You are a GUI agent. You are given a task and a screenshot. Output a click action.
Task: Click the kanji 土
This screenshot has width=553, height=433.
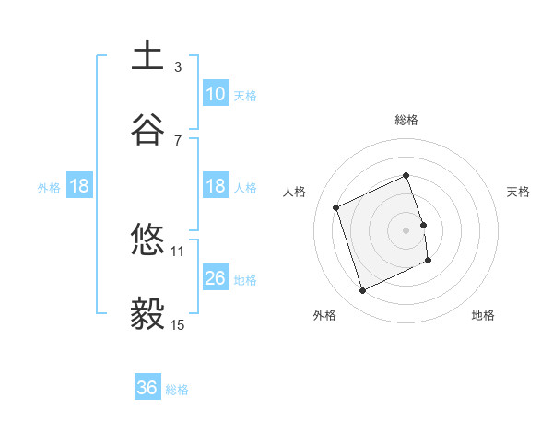click(x=147, y=56)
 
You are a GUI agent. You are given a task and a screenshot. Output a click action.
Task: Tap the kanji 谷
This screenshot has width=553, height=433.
click(x=147, y=130)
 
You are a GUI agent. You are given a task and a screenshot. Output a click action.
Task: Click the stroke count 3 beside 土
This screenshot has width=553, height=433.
click(x=177, y=66)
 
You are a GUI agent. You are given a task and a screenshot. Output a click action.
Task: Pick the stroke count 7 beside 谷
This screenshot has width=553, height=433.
click(x=177, y=140)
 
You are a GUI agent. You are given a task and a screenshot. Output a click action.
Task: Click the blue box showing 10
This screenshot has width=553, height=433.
click(x=216, y=94)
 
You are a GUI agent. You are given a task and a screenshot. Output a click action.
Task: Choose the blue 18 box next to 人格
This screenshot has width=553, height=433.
click(x=216, y=186)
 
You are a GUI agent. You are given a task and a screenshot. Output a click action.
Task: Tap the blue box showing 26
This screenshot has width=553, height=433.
click(x=216, y=278)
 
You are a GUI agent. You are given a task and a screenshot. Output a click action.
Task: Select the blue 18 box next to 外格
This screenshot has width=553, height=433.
click(x=79, y=186)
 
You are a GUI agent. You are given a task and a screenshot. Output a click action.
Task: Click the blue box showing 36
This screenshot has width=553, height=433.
click(x=147, y=389)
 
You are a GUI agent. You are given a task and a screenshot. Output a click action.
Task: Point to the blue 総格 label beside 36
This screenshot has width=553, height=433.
click(x=177, y=390)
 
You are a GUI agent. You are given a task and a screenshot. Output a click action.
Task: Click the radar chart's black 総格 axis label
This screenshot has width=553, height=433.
click(x=406, y=120)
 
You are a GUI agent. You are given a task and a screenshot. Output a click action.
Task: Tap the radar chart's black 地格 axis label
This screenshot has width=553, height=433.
click(x=483, y=315)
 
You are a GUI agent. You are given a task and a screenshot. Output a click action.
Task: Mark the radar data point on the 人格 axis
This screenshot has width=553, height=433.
click(x=336, y=207)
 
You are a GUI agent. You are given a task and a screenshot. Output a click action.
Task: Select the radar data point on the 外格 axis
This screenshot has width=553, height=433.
click(x=362, y=291)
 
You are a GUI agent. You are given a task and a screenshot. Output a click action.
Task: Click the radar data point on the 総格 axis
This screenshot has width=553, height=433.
click(x=406, y=175)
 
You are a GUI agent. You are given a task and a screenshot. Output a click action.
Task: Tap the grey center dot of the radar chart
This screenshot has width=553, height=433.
click(x=406, y=229)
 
